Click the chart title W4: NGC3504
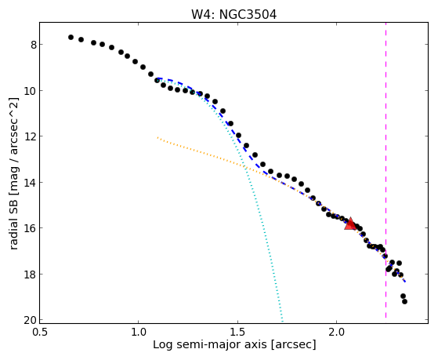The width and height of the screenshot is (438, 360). coord(233,14)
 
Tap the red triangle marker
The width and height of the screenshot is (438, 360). coord(350,224)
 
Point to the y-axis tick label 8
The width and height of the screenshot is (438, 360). coord(34,45)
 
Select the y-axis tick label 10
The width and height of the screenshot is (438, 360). coord(31,91)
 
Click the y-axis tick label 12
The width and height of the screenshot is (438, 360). coord(31,136)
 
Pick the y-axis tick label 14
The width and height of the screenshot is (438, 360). coord(31,183)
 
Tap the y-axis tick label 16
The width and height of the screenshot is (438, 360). coord(31,228)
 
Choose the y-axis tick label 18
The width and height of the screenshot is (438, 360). coord(31,275)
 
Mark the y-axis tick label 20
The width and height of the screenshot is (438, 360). coord(31,320)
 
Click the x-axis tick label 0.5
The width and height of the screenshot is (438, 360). coord(40,332)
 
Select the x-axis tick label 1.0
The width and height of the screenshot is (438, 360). coord(139,332)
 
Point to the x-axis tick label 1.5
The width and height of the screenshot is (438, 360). coord(237,332)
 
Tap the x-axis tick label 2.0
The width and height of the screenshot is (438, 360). coord(337,332)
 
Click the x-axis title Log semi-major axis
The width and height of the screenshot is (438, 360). coord(210,345)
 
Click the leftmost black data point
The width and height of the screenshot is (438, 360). coord(71,37)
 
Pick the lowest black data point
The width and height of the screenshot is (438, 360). coord(404,301)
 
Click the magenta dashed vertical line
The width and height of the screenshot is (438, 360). coord(386,170)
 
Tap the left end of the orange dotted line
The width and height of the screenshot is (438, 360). coord(157,137)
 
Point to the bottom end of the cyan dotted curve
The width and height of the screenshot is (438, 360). coord(282,322)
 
